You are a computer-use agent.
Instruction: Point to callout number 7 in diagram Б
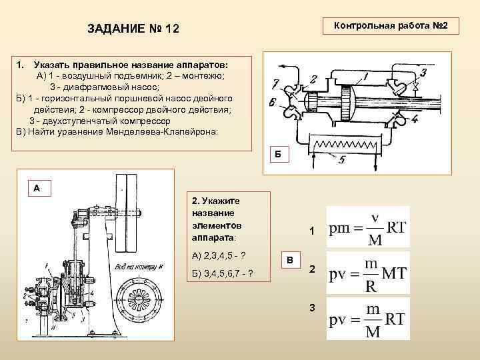tap(276, 84)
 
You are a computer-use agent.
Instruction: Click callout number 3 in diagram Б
tap(424, 72)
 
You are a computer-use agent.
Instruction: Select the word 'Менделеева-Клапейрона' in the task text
tap(169, 131)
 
